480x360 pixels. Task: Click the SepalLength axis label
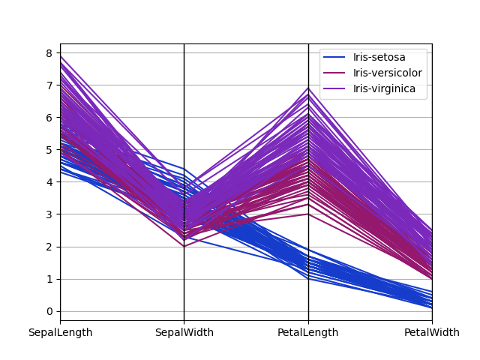pos(60,333)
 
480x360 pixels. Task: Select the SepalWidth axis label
pos(184,333)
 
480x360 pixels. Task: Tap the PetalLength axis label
pos(308,333)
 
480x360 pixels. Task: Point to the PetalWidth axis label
pos(432,333)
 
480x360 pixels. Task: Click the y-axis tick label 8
pos(49,53)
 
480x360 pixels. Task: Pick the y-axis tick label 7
pos(49,85)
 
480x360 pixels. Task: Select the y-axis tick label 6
pos(49,118)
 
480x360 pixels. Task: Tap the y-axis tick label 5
pos(49,150)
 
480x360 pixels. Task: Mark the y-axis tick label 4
pos(49,182)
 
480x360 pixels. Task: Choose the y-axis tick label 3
pos(49,214)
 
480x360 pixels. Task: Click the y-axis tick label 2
pos(49,247)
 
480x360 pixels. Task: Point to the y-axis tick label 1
pos(49,279)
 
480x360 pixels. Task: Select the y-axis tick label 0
pos(49,311)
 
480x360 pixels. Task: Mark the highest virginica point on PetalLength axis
pos(308,88)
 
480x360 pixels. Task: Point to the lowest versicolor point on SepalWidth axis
pos(184,247)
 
